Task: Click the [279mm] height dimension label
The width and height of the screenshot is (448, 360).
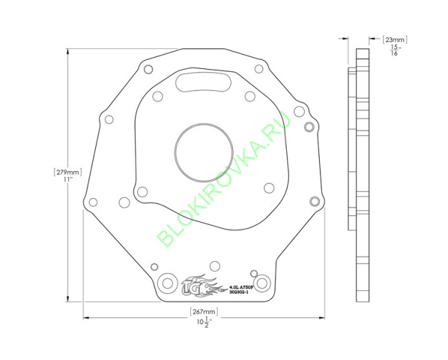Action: [x=67, y=172]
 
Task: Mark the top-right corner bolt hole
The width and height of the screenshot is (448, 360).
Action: [x=258, y=68]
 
